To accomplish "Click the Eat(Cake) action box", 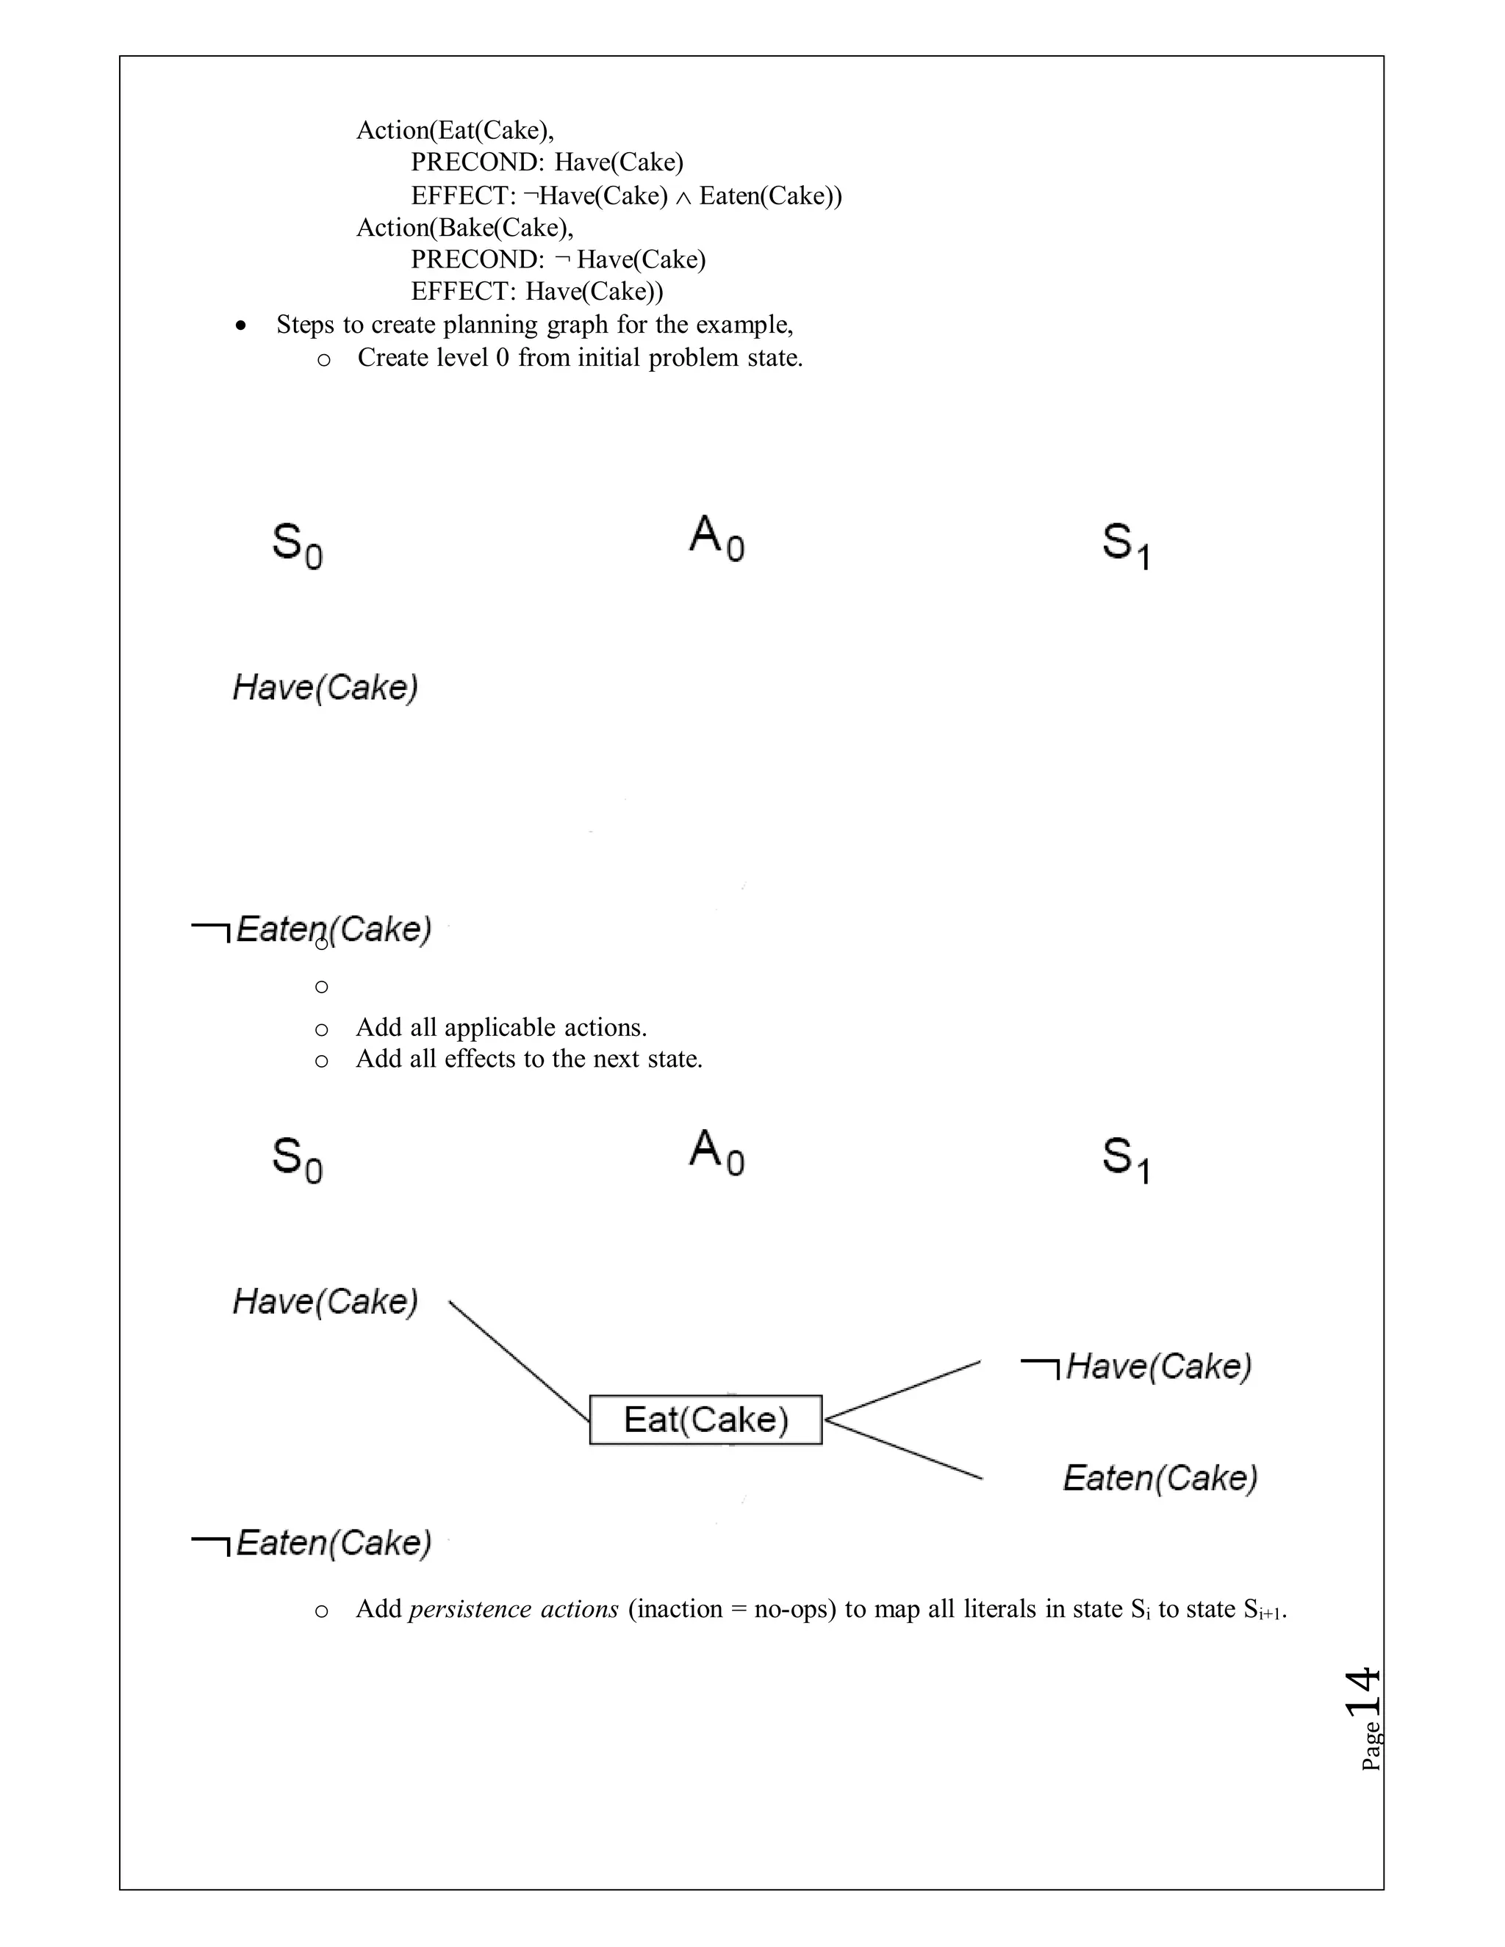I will [x=705, y=1419].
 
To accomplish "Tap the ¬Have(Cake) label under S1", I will [x=1136, y=1366].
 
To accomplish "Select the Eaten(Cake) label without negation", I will [x=1160, y=1478].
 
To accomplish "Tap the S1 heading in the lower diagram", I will [x=1126, y=1159].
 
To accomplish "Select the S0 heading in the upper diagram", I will [x=297, y=544].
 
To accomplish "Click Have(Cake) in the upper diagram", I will [x=326, y=688].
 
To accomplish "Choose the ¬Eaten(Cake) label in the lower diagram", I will [x=312, y=1543].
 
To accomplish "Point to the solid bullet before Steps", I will [x=240, y=327].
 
